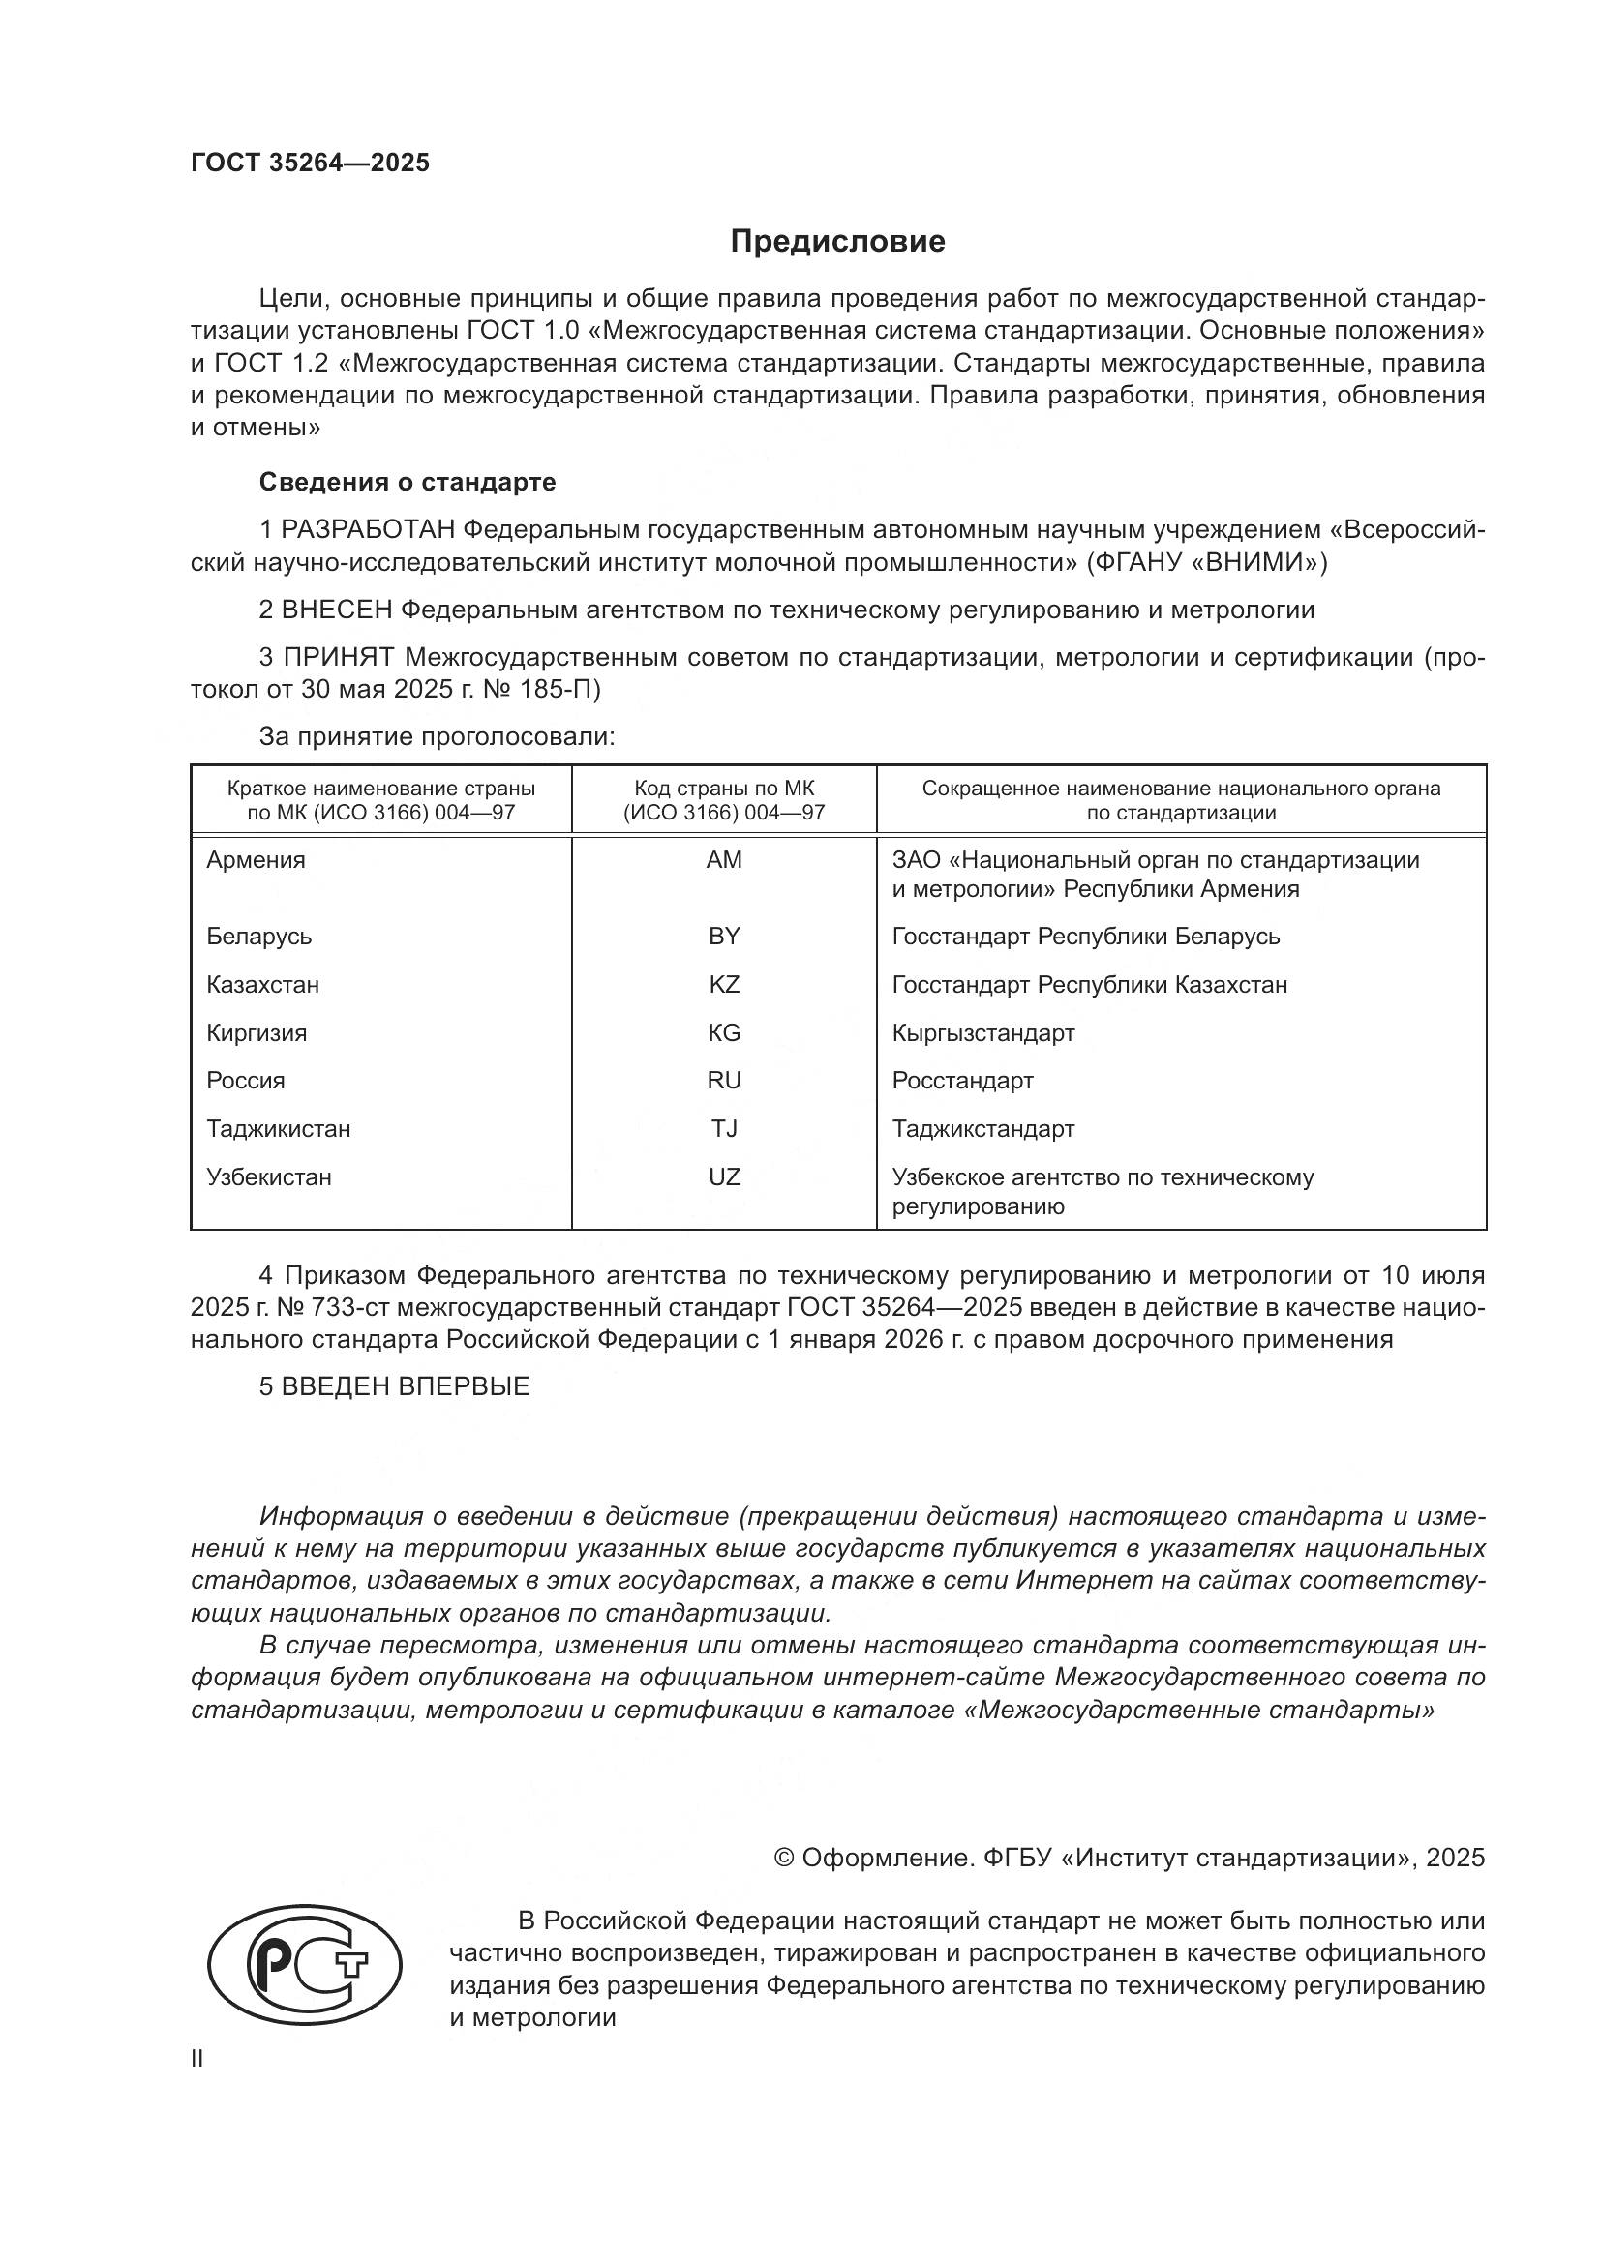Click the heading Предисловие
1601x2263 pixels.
pyautogui.click(x=837, y=242)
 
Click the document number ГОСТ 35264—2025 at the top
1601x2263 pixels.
pyautogui.click(x=311, y=164)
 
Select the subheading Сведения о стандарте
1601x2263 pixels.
pyautogui.click(x=408, y=482)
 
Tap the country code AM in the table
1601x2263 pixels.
pyautogui.click(x=724, y=859)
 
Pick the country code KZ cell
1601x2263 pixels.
pyautogui.click(x=724, y=984)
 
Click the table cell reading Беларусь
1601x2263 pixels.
pyautogui.click(x=259, y=936)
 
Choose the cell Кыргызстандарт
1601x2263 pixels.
pyautogui.click(x=982, y=1032)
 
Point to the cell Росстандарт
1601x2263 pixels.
pyautogui.click(x=962, y=1080)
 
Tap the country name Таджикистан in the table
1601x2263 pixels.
pyautogui.click(x=278, y=1127)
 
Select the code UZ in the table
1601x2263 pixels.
pyautogui.click(x=724, y=1176)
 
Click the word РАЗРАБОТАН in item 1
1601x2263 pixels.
pyautogui.click(x=368, y=530)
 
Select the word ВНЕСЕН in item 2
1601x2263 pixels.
pyautogui.click(x=337, y=610)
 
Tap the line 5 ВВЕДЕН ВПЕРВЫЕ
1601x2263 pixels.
pyautogui.click(x=394, y=1385)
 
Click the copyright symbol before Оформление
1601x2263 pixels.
pyautogui.click(x=784, y=1858)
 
